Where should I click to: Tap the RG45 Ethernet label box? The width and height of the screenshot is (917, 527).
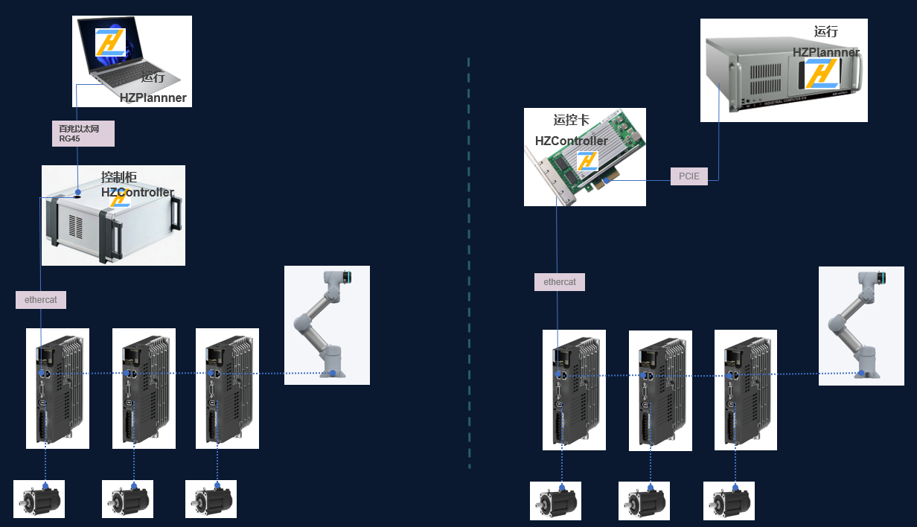tap(83, 133)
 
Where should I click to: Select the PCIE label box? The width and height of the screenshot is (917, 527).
tap(688, 176)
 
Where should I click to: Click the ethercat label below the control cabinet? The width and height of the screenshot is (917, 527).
tap(41, 300)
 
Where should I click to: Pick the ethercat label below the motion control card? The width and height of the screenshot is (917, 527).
tap(560, 282)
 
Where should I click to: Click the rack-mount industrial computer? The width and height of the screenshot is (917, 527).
tap(784, 71)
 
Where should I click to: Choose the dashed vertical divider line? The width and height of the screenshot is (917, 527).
tap(469, 261)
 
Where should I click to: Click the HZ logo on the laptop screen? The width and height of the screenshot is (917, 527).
tap(110, 42)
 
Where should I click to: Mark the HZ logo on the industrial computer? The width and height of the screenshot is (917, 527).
tap(822, 74)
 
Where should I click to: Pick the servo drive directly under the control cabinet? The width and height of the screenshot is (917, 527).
tap(57, 389)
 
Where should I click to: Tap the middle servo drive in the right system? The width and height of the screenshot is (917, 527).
tap(660, 391)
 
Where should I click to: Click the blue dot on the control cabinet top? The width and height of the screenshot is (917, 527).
tap(78, 192)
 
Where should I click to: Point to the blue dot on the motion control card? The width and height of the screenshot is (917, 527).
tap(607, 179)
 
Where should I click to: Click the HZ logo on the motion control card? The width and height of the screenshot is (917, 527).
tap(587, 161)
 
